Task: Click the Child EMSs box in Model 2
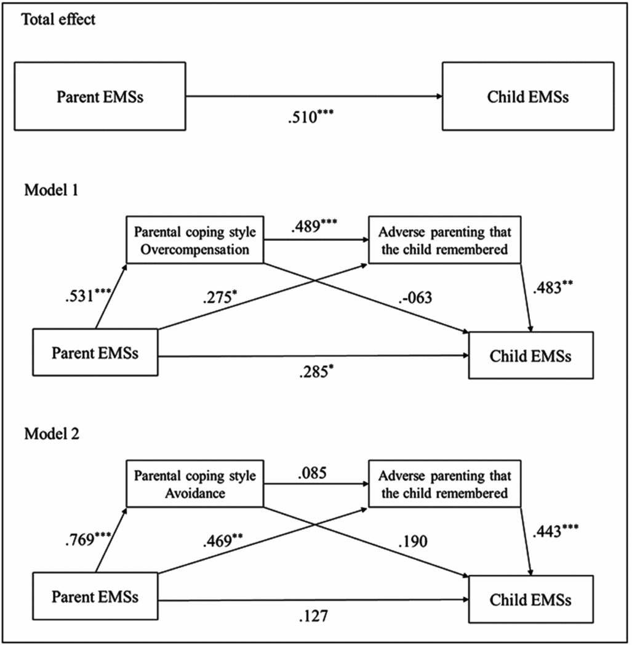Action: click(x=531, y=599)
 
